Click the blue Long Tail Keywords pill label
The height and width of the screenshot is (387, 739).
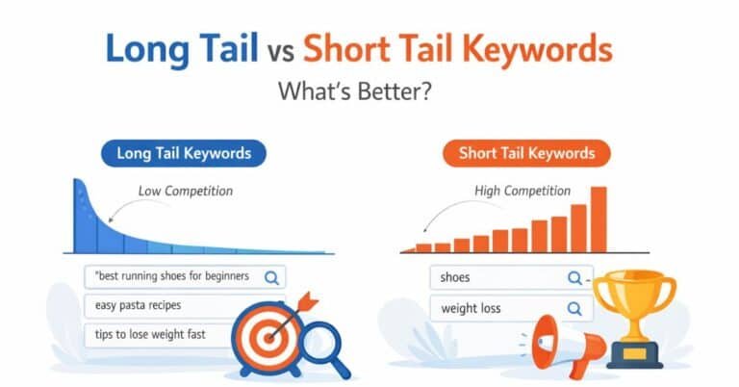tap(183, 153)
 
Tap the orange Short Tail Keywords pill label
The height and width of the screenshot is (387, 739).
tap(526, 153)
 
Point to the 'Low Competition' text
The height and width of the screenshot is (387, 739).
tap(185, 191)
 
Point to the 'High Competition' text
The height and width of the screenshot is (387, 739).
tap(522, 191)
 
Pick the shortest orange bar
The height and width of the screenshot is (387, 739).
tap(409, 249)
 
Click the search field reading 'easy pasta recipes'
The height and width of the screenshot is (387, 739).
tap(144, 306)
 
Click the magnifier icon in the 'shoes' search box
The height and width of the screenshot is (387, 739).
tap(574, 278)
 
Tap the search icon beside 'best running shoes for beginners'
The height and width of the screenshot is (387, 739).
tap(271, 277)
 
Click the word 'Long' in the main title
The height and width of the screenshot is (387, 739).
tap(145, 49)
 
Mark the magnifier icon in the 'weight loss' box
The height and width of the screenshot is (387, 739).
tap(574, 309)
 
